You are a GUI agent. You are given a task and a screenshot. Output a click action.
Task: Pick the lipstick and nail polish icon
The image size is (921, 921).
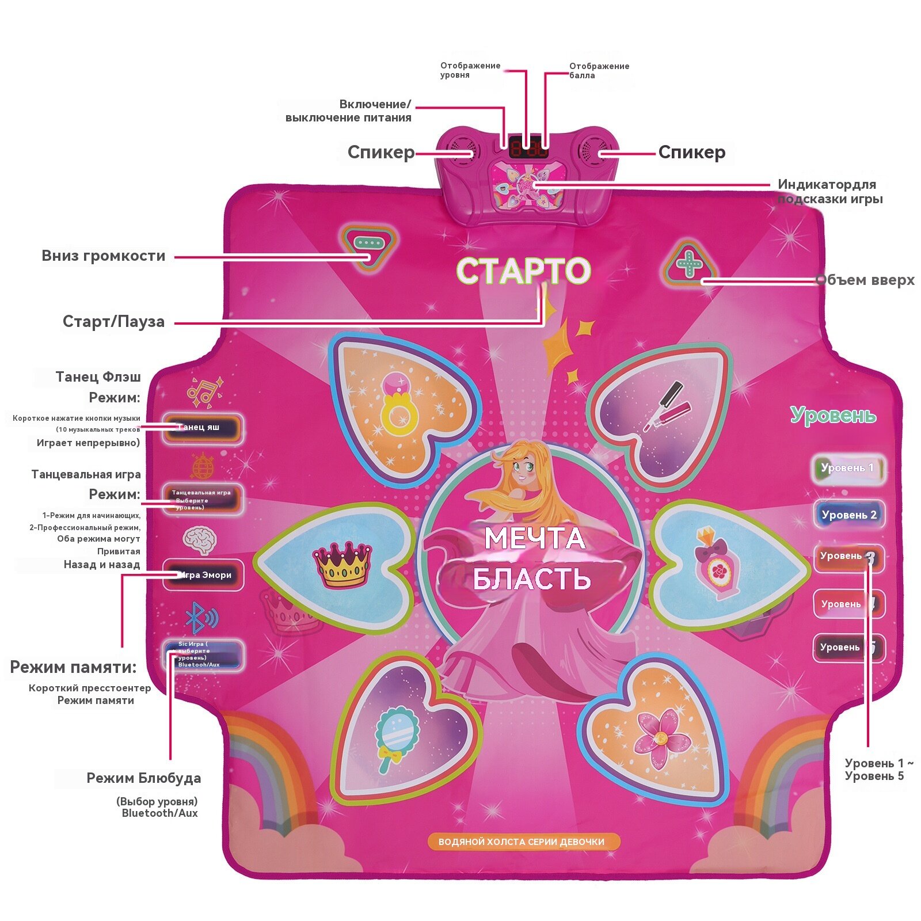(x=668, y=406)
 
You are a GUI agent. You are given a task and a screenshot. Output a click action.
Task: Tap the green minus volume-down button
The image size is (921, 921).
(x=368, y=243)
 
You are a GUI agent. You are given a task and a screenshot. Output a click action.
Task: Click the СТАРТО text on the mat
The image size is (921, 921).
(x=523, y=271)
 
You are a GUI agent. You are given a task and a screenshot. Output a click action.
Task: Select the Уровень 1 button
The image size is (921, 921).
(x=847, y=468)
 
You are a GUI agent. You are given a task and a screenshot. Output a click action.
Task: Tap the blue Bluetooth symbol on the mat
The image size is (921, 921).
(x=201, y=618)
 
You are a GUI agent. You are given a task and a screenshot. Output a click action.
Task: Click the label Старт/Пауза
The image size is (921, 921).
(x=113, y=321)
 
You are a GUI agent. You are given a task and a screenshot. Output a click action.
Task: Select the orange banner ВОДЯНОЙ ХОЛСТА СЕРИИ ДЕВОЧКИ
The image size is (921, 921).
(x=522, y=842)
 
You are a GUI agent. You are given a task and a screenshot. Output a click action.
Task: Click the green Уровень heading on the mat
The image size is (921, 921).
(x=833, y=415)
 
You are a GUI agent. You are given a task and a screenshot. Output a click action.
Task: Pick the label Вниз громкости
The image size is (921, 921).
(x=104, y=256)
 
